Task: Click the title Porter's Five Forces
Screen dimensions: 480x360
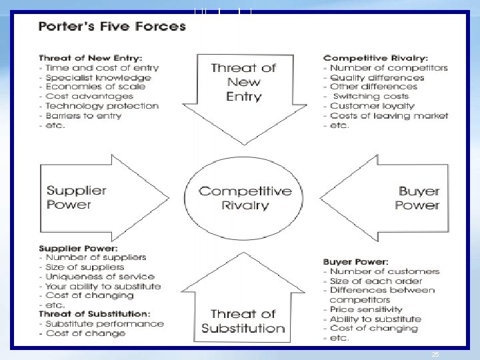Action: [112, 27]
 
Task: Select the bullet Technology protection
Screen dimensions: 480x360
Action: [102, 105]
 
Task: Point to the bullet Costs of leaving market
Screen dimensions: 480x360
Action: [389, 115]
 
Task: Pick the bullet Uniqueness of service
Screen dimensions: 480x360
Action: [99, 276]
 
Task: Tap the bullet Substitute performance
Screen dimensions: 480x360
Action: [104, 323]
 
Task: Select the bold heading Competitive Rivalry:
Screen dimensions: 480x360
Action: [375, 58]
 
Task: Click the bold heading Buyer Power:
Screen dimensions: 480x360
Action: [355, 262]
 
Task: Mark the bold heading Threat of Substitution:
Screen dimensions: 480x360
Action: [94, 313]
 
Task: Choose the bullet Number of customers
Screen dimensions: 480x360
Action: [385, 271]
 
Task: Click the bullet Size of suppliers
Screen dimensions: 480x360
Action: [85, 267]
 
